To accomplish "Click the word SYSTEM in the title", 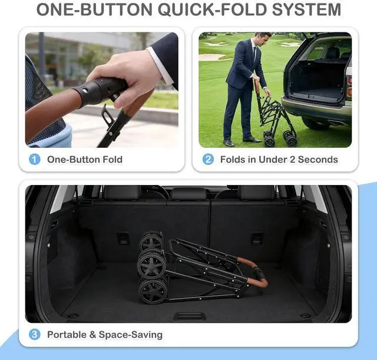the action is pos(307,9).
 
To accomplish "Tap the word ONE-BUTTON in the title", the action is pos(94,9).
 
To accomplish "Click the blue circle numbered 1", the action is pos(35,160).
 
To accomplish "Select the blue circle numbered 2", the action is pos(208,160).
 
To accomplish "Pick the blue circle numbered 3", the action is pos(35,335).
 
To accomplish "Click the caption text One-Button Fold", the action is pos(85,160).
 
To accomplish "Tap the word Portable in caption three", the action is pos(67,335).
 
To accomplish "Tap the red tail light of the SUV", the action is pos(349,87).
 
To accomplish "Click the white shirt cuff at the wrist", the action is pos(160,65).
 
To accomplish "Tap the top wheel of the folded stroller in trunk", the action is pos(151,241).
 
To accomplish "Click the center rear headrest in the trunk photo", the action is pos(189,194).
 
